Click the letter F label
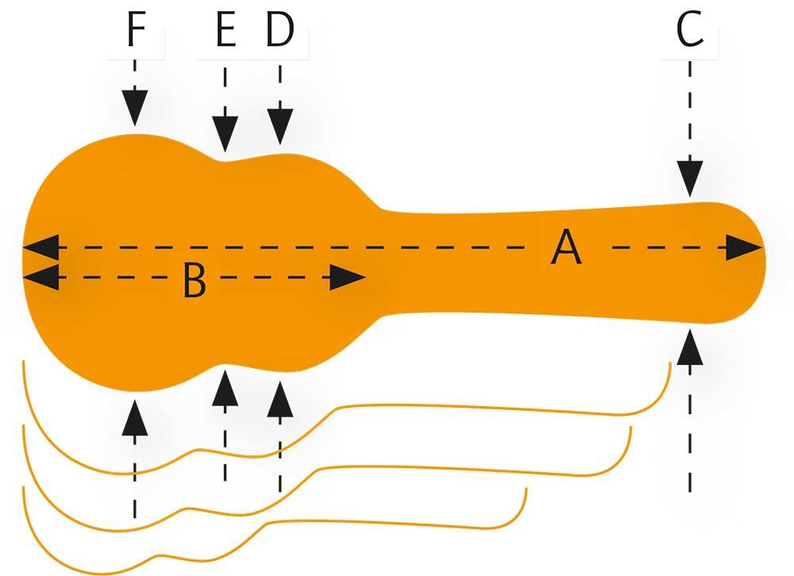coord(136,33)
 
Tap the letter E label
coord(225,33)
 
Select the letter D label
coord(279,33)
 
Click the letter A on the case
coord(567,248)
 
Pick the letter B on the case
coord(195,279)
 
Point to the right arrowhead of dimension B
coord(348,278)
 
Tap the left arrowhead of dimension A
coord(40,248)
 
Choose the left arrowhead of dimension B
coord(40,278)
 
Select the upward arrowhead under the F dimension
coord(136,418)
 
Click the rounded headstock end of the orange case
coord(750,262)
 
